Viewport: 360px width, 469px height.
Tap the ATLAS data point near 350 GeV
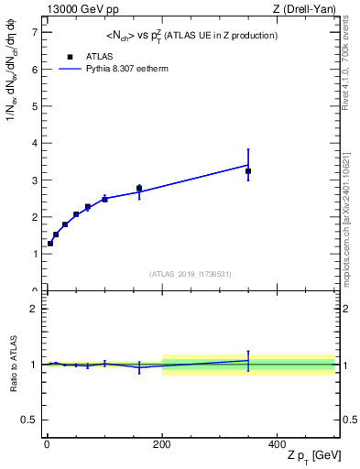[248, 171]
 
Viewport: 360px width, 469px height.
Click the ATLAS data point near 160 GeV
[139, 189]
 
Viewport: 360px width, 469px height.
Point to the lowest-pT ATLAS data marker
[50, 243]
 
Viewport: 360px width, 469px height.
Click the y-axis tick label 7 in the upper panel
[34, 32]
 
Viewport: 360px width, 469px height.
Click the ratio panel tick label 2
[34, 309]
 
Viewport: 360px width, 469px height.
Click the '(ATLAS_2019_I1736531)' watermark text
[191, 274]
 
